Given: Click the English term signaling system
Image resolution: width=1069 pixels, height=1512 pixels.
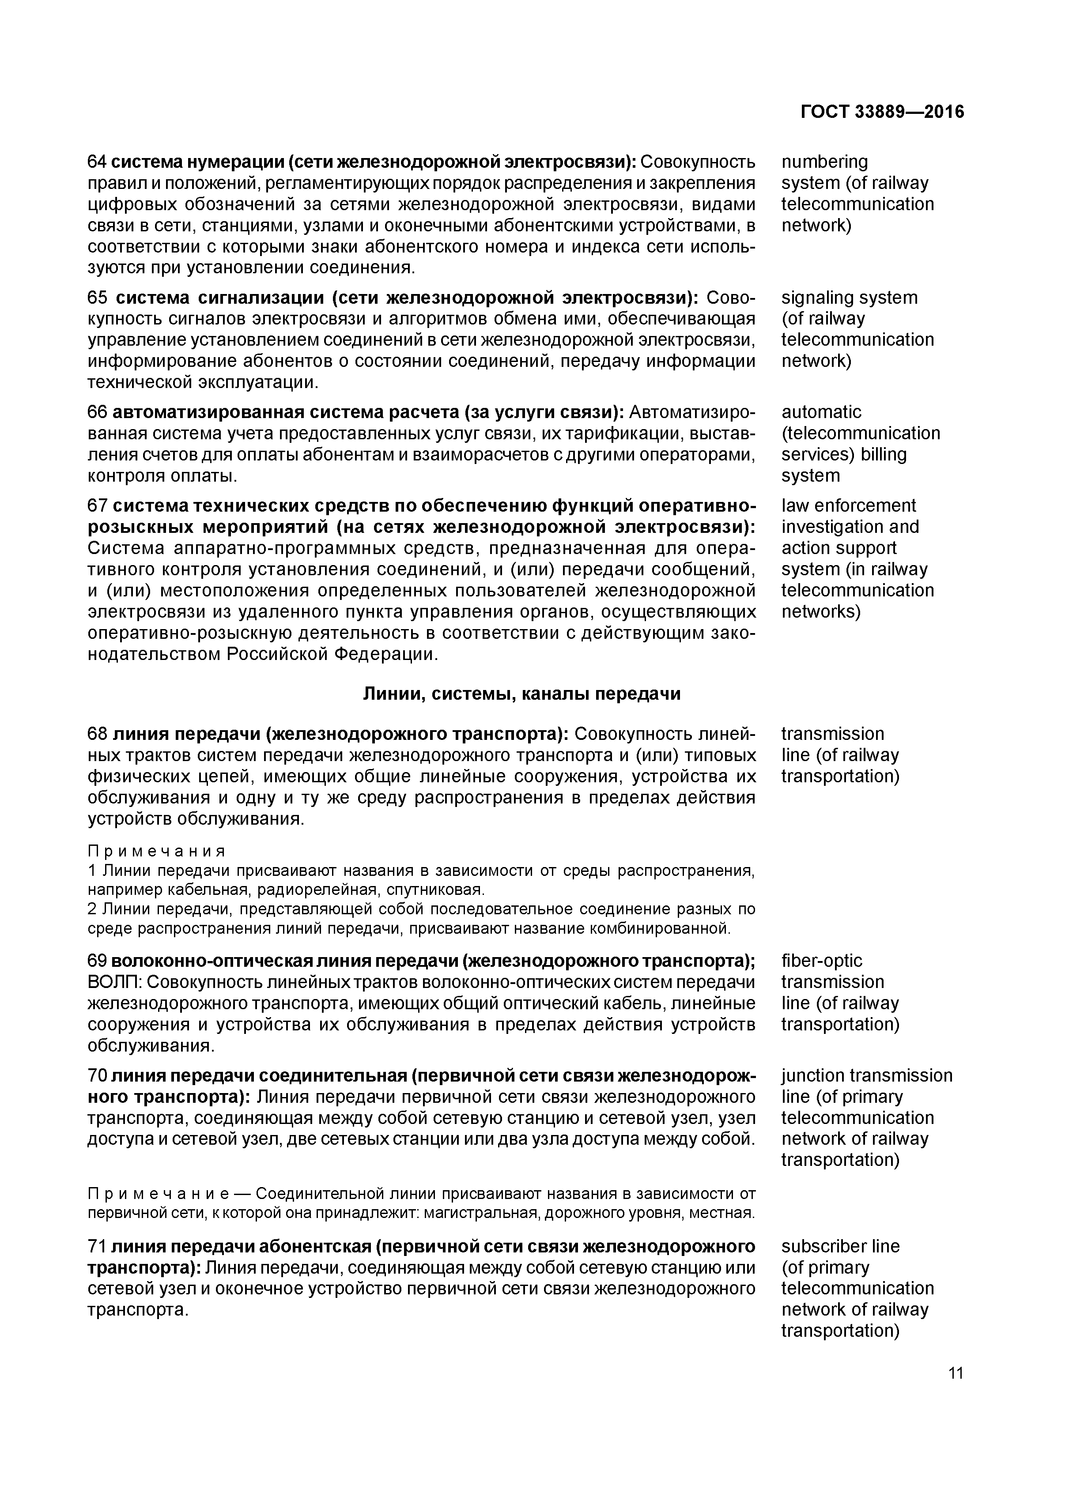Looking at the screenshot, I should click(x=849, y=298).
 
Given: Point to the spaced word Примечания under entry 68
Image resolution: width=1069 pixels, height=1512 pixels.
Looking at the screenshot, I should click(x=157, y=852).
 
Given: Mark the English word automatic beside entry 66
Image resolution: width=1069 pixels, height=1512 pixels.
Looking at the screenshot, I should click(x=821, y=412).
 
